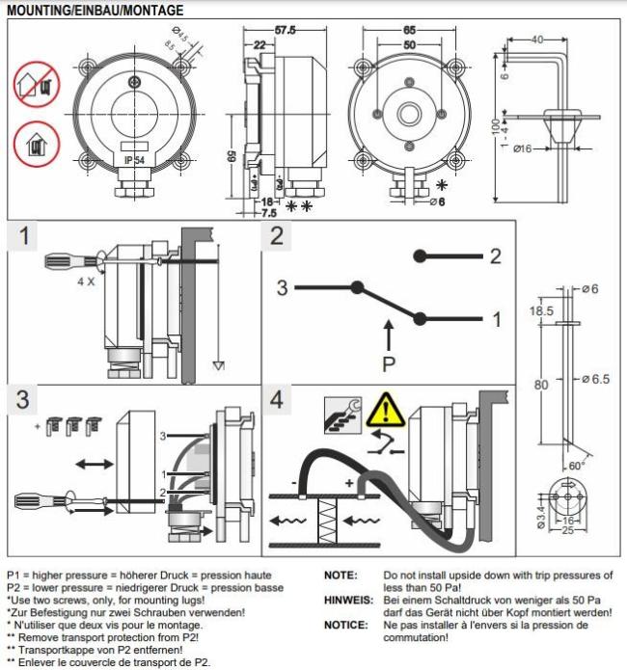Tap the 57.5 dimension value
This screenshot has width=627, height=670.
point(286,31)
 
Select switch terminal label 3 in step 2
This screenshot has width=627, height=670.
point(283,287)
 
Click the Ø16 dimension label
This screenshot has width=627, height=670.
point(525,149)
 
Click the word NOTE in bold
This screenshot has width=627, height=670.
point(341,576)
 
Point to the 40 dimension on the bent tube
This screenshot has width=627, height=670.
point(536,39)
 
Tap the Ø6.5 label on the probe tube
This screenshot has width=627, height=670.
point(597,379)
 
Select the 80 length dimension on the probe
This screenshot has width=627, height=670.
point(541,385)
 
